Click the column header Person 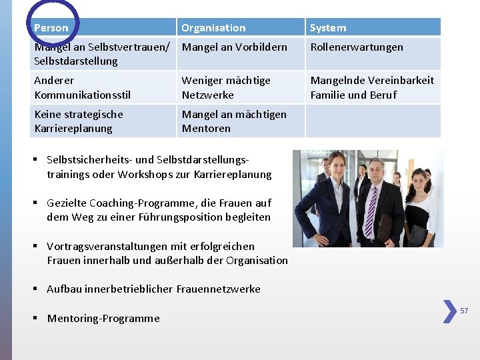pos(51,28)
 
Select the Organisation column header pos(213,28)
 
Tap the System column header pos(328,28)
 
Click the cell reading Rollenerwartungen pos(357,47)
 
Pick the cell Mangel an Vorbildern pos(235,47)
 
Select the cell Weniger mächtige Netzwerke pos(226,87)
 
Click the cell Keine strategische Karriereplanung pos(78,121)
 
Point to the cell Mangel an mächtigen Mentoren pos(234,121)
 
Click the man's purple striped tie pos(371,211)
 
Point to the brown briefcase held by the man pos(385,227)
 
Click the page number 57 pos(464,311)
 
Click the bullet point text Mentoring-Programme pos(103,319)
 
